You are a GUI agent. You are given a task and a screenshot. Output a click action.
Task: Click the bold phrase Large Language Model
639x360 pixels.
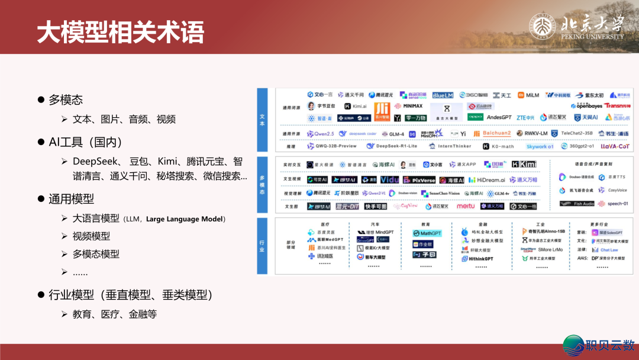click(185, 219)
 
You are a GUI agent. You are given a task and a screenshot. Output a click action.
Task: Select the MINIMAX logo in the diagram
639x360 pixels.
click(409, 106)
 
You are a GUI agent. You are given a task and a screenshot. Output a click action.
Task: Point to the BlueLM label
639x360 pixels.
click(443, 95)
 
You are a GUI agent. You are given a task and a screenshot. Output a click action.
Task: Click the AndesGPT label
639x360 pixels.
click(498, 117)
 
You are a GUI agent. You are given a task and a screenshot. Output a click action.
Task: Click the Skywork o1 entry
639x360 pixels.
click(540, 146)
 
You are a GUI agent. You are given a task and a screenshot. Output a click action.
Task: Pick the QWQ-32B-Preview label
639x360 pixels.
click(335, 146)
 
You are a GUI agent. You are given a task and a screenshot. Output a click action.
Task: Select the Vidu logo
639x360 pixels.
click(389, 179)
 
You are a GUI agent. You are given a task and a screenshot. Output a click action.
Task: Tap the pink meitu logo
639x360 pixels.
click(465, 206)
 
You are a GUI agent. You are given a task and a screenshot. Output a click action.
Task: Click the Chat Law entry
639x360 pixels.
click(608, 250)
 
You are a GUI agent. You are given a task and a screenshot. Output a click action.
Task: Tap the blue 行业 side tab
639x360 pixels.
click(262, 246)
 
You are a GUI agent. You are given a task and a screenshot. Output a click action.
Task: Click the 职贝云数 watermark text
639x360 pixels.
click(609, 345)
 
